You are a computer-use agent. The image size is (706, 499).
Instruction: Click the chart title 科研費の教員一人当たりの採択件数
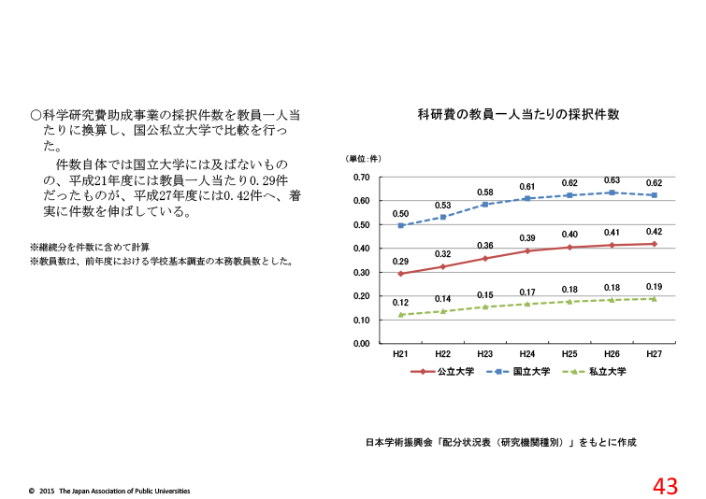(518, 115)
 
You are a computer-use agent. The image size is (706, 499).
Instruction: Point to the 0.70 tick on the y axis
(362, 178)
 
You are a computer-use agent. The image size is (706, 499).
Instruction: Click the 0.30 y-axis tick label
(362, 273)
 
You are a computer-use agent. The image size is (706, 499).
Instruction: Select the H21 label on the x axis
(400, 355)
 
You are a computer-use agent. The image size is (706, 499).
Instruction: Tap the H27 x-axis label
(655, 355)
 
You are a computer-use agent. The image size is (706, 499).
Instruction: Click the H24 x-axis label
(527, 355)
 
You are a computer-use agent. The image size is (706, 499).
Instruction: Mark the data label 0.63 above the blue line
(612, 180)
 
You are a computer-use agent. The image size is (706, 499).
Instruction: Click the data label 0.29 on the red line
(400, 262)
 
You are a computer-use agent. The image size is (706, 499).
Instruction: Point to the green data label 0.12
(400, 303)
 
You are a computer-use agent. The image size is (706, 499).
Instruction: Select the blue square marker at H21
(400, 225)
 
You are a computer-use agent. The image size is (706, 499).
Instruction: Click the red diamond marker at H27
(655, 244)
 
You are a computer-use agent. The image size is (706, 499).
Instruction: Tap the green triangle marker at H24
(527, 304)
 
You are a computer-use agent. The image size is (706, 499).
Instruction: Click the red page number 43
(665, 485)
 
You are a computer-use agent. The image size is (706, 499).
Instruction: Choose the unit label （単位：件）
(364, 159)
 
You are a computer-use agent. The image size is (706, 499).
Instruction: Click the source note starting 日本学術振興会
(500, 442)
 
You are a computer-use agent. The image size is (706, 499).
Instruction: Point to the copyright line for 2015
(109, 490)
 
